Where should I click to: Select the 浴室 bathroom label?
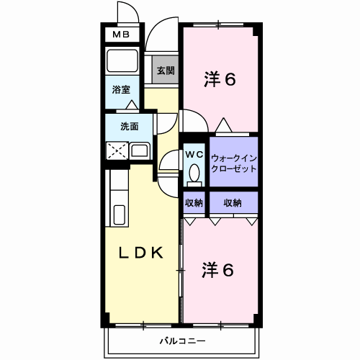pos(121,89)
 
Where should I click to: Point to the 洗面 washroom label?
pos(130,127)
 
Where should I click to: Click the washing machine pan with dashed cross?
pos(117,151)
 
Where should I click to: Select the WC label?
pos(194,153)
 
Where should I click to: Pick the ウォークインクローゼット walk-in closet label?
pos(234,163)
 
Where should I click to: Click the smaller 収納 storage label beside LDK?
pos(194,203)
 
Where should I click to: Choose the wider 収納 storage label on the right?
pos(233,203)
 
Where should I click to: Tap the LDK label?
pos(141,253)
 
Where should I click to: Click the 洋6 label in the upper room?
pos(219,80)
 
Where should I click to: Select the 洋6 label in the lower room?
pos(217,271)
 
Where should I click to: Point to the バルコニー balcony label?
pos(181,339)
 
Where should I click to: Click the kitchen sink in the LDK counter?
pos(120,213)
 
